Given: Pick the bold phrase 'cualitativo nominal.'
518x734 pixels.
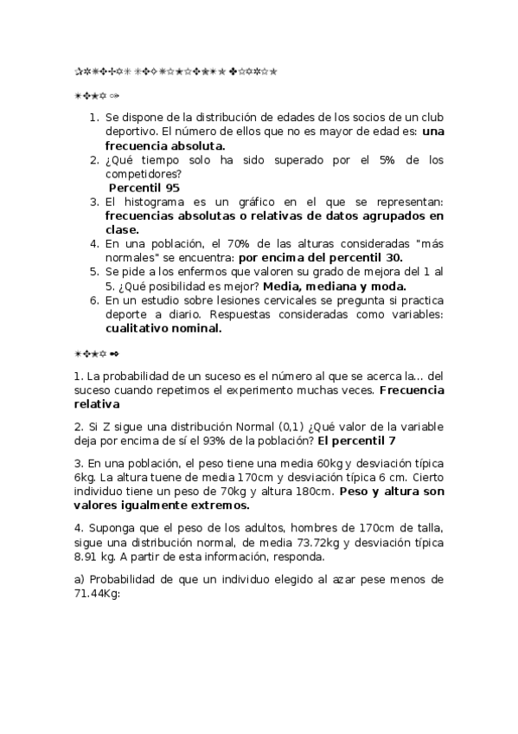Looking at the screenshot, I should (163, 329).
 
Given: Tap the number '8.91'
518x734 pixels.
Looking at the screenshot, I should (89, 555).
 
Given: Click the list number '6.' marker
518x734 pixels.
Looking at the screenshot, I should (95, 300).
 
